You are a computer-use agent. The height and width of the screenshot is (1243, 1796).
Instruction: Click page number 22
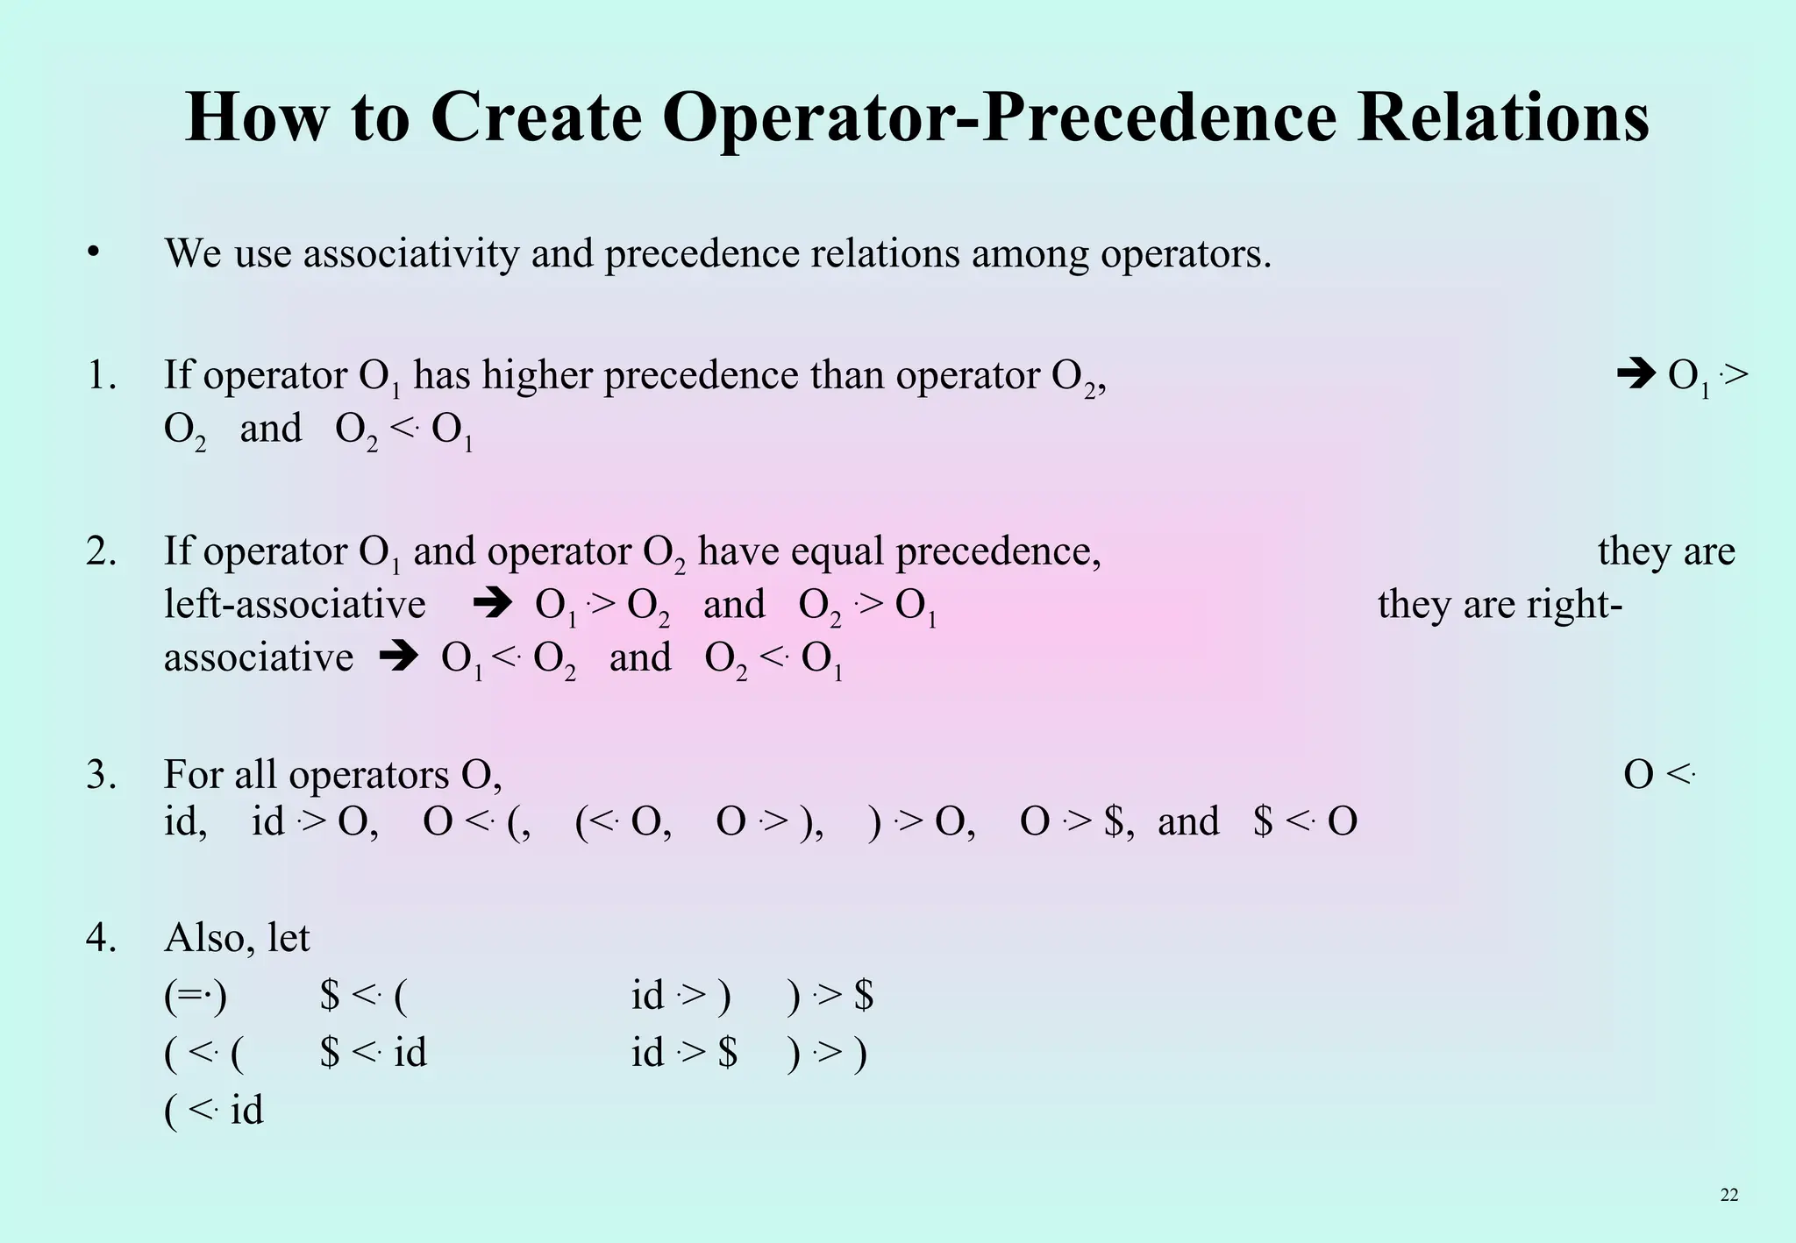point(1728,1195)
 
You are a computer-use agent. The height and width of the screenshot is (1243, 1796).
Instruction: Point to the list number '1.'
point(102,376)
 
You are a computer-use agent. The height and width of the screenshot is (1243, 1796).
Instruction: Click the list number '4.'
point(102,938)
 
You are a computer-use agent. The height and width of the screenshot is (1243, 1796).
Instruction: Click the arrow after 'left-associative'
point(492,605)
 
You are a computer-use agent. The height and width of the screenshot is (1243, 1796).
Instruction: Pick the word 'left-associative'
point(295,605)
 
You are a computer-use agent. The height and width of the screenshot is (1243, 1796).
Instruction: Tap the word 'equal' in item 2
point(838,552)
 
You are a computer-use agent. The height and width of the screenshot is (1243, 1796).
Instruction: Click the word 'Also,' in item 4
point(210,938)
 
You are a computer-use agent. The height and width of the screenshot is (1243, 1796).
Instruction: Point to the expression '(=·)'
point(196,996)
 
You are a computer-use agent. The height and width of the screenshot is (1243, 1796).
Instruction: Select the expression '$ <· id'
point(374,1053)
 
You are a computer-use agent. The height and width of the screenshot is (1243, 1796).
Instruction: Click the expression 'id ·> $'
point(684,1053)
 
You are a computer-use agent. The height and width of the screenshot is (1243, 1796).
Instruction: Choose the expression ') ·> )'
point(827,1053)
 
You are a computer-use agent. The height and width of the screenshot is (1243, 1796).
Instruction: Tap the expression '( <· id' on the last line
point(213,1111)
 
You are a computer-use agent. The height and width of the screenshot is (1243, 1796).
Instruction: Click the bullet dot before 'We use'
point(93,254)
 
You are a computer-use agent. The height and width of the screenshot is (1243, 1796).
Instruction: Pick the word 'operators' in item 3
point(368,775)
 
